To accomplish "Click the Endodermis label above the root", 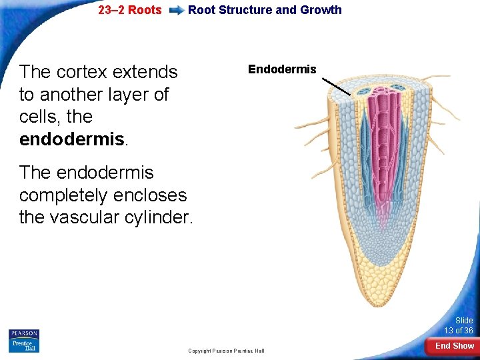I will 282,69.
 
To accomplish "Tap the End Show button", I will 454,346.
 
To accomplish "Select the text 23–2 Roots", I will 129,10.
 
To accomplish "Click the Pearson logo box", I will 24,333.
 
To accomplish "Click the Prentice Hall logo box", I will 24,345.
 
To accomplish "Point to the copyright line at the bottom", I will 226,351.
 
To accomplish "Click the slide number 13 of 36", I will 459,331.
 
